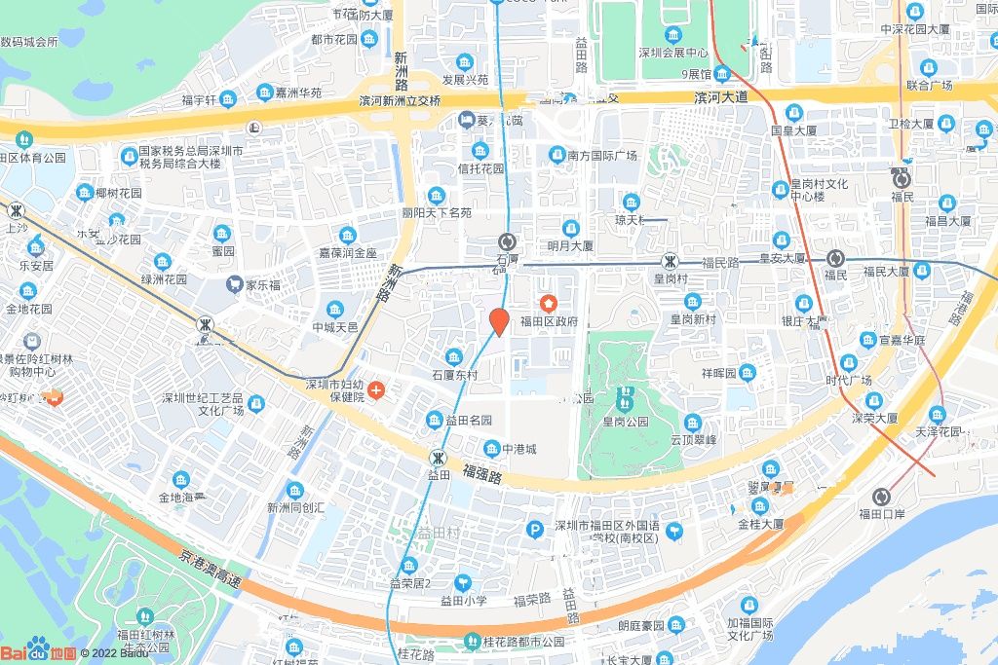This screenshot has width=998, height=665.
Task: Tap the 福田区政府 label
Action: tap(549, 320)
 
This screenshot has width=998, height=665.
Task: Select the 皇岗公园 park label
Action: tap(625, 422)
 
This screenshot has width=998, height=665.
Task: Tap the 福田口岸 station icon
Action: tap(882, 496)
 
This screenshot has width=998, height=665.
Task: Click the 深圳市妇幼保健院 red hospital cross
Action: tap(376, 390)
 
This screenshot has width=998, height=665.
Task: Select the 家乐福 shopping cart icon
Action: tap(234, 284)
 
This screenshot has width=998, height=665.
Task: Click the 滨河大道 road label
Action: tap(720, 97)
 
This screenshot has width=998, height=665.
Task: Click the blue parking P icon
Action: tap(534, 530)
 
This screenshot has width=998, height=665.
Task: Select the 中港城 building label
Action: tap(518, 449)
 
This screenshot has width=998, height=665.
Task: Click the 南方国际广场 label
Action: tap(601, 156)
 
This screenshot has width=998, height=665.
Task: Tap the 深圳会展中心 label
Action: tap(672, 53)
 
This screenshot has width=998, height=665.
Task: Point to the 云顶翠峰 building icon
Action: tap(692, 422)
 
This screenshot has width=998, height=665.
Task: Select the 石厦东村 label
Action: tap(455, 375)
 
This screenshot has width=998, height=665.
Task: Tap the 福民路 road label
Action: tap(721, 263)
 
